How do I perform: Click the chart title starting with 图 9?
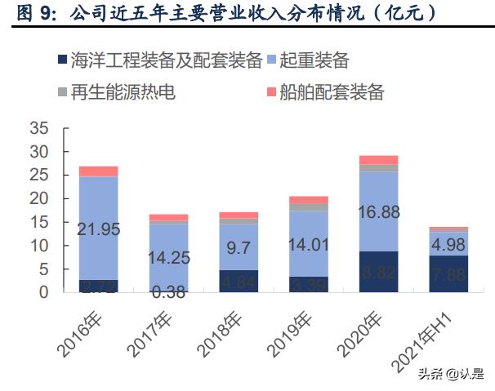point(225,14)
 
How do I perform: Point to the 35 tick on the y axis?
point(38,129)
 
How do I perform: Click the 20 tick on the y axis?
point(38,198)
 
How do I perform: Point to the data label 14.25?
point(168,258)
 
